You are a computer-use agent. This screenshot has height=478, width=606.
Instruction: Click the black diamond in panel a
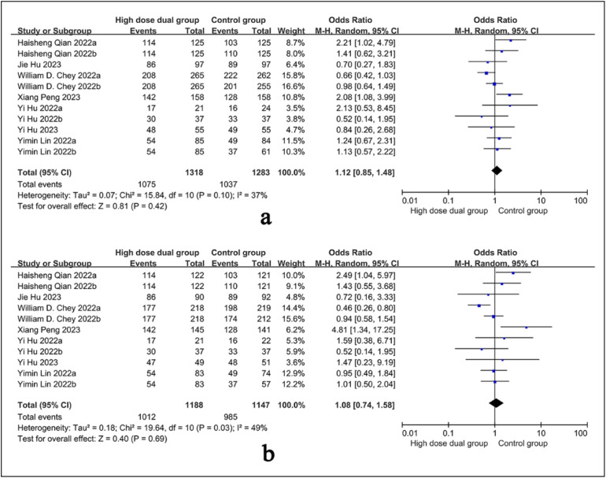pyautogui.click(x=496, y=169)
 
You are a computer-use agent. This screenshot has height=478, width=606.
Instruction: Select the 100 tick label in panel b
pyautogui.click(x=581, y=434)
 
